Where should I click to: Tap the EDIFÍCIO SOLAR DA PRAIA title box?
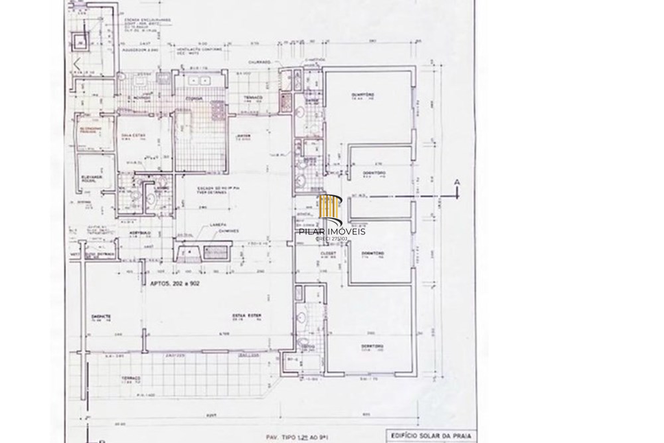(431, 436)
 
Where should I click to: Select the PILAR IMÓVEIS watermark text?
(332, 232)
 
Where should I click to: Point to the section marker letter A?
(457, 183)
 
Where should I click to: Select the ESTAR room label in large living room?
(247, 316)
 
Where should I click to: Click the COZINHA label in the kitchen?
(194, 98)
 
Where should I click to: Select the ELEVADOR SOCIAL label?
(92, 178)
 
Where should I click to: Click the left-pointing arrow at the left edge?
(77, 64)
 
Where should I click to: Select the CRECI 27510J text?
(331, 239)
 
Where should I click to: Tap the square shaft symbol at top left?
(80, 43)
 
